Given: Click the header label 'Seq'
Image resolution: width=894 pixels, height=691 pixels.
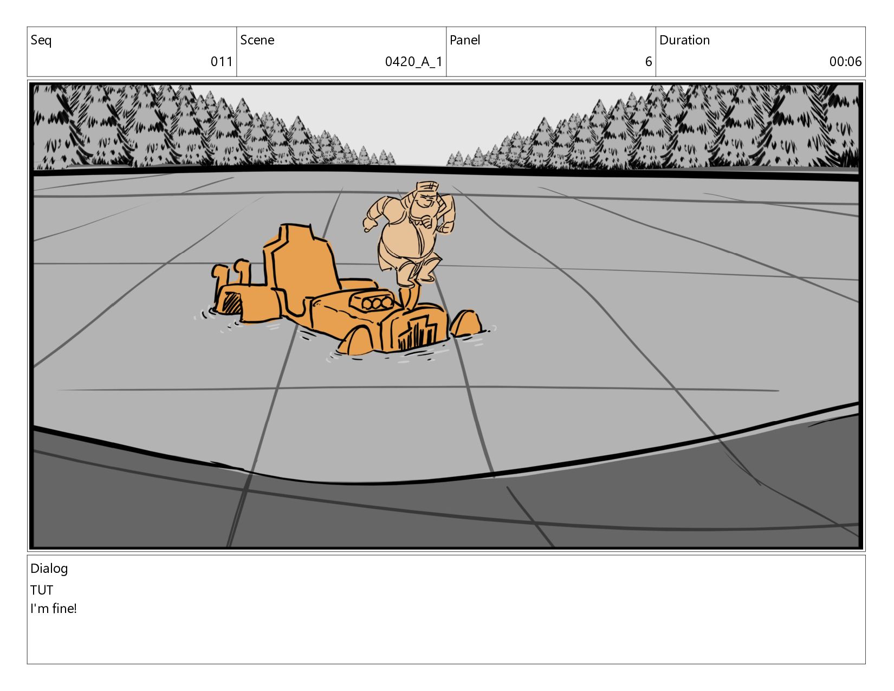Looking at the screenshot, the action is (41, 40).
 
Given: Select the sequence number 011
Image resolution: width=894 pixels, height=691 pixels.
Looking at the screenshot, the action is (222, 62).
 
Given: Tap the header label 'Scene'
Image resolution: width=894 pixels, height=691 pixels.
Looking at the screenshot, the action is (257, 40).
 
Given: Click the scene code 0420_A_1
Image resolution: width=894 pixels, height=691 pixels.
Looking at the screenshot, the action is (413, 62).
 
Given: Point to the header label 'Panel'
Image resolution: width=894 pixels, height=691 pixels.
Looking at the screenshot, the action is (465, 40).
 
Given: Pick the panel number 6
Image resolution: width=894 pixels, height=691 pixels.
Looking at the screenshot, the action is (649, 62).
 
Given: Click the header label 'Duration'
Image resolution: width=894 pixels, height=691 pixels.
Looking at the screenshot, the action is (685, 40).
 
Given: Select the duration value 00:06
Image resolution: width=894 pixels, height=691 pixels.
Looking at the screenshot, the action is (845, 62).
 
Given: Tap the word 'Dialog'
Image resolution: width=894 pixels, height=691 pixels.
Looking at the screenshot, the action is (49, 569).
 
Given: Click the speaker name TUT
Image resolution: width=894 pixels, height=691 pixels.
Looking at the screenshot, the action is (42, 590).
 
